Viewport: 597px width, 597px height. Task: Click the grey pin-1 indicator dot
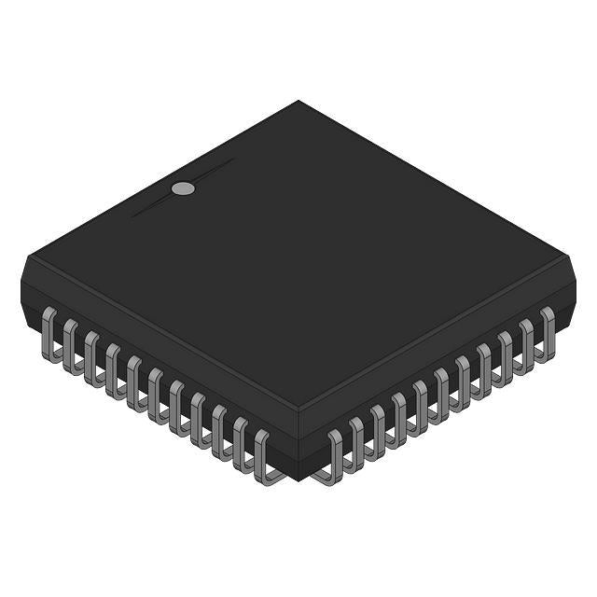(184, 188)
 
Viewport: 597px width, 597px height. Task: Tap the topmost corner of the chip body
(298, 101)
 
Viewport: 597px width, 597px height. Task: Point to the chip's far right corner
(570, 261)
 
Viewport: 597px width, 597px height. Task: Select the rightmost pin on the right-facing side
(548, 330)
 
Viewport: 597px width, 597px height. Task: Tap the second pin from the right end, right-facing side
(527, 342)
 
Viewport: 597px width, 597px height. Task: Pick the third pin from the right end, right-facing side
(506, 354)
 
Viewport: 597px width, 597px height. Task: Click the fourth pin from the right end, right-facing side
(484, 367)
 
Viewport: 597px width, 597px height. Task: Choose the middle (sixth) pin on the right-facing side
(442, 392)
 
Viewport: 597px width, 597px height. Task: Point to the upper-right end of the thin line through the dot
(234, 160)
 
